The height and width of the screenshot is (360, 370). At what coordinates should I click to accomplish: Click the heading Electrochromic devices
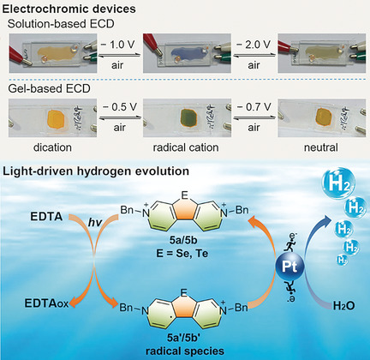69,9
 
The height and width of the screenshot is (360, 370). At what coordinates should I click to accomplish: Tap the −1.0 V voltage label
118,45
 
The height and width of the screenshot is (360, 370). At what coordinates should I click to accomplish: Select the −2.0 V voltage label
254,45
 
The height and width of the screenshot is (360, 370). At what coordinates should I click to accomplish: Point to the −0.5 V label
120,107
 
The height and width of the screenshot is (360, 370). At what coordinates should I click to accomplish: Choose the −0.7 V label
254,107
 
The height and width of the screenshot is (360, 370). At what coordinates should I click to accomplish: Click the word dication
52,147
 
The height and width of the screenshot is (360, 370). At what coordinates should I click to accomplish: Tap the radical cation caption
186,147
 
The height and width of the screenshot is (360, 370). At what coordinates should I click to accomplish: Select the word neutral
321,147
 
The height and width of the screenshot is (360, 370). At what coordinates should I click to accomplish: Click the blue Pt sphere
289,267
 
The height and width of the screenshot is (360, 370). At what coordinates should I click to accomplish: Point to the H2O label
344,306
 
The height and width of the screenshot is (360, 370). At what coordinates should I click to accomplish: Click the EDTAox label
46,303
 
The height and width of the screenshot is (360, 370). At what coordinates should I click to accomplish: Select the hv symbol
95,223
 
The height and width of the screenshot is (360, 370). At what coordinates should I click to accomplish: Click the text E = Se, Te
182,253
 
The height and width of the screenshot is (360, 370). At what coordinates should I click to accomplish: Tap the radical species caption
185,351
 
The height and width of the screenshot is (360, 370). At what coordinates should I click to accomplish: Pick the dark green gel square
189,117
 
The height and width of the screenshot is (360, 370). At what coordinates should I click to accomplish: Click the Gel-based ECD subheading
49,88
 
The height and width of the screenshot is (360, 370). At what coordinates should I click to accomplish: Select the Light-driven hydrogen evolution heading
96,171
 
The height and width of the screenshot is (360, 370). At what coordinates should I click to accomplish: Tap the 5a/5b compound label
183,240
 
